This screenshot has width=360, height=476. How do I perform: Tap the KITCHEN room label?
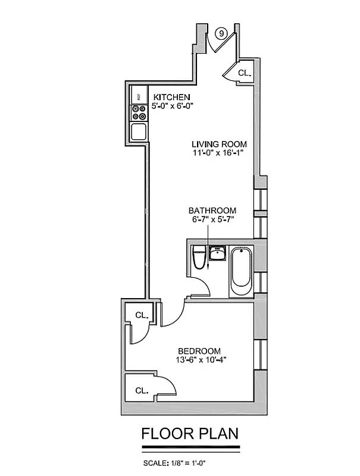coord(172,97)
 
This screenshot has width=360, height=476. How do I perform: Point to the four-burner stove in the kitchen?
coord(139,113)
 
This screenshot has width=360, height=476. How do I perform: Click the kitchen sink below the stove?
coord(139,131)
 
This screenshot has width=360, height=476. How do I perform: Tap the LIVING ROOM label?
coord(219,144)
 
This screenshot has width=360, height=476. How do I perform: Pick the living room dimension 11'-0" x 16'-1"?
coord(219,154)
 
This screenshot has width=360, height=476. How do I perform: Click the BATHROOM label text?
coord(212,211)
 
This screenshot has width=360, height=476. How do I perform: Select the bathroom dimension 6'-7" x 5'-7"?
coord(212,220)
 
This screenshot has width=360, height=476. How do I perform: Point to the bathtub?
coord(242,271)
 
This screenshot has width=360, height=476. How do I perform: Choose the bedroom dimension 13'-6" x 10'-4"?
coord(201,360)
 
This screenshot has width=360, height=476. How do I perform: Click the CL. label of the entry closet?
coord(245,73)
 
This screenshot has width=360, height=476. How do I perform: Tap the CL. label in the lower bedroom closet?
coord(142,391)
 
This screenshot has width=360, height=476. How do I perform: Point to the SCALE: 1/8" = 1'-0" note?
coord(177,463)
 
